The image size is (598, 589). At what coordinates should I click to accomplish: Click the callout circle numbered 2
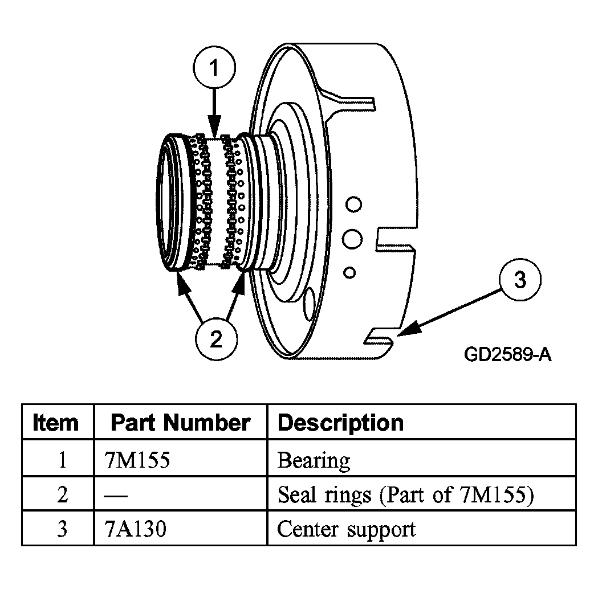pos(216,340)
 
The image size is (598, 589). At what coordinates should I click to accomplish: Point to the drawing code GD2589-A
pos(507,354)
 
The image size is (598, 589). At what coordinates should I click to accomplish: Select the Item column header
pos(56,422)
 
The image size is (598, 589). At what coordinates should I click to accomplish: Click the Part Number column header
pos(180,422)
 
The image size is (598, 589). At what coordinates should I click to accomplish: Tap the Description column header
pos(340,422)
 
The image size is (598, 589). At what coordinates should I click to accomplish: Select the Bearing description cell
pos(314,460)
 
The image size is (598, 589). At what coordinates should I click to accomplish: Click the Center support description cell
pos(346,529)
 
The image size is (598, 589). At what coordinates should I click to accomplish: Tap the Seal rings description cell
pos(405,495)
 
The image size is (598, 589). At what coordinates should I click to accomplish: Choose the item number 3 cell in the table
pos(62,529)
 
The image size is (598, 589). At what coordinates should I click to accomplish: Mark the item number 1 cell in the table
pos(62,460)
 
